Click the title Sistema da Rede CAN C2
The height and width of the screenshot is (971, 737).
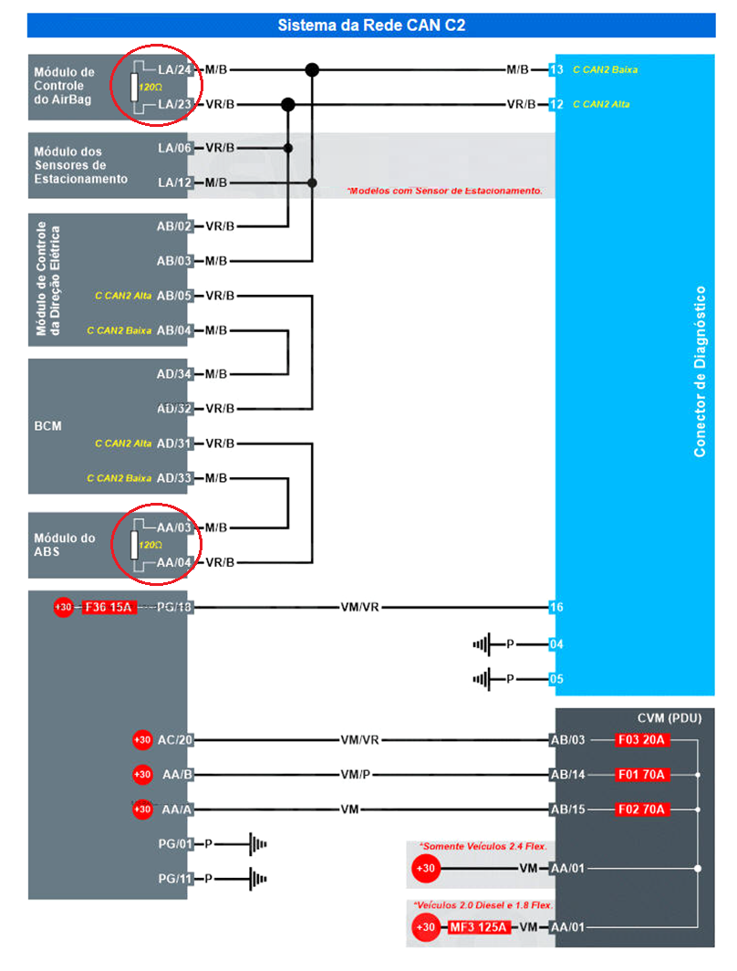(x=371, y=26)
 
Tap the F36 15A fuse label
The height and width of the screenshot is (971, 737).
(x=109, y=607)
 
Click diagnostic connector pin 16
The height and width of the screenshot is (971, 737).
(x=556, y=607)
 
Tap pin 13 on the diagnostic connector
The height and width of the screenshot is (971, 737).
(x=556, y=69)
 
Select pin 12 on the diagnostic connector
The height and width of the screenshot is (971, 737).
(x=556, y=104)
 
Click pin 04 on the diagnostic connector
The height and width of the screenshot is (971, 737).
(x=556, y=644)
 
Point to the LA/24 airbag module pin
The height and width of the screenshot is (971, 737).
(x=174, y=69)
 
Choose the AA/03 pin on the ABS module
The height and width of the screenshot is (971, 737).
(x=173, y=527)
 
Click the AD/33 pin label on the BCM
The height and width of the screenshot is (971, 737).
(x=173, y=478)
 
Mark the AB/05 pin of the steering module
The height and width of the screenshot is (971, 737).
(x=173, y=296)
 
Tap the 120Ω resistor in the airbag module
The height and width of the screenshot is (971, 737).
(x=134, y=88)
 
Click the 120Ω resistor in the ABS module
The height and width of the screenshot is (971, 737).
(x=134, y=546)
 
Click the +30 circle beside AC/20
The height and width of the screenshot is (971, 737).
(x=142, y=740)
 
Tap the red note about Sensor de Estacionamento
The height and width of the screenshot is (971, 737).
(x=444, y=191)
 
